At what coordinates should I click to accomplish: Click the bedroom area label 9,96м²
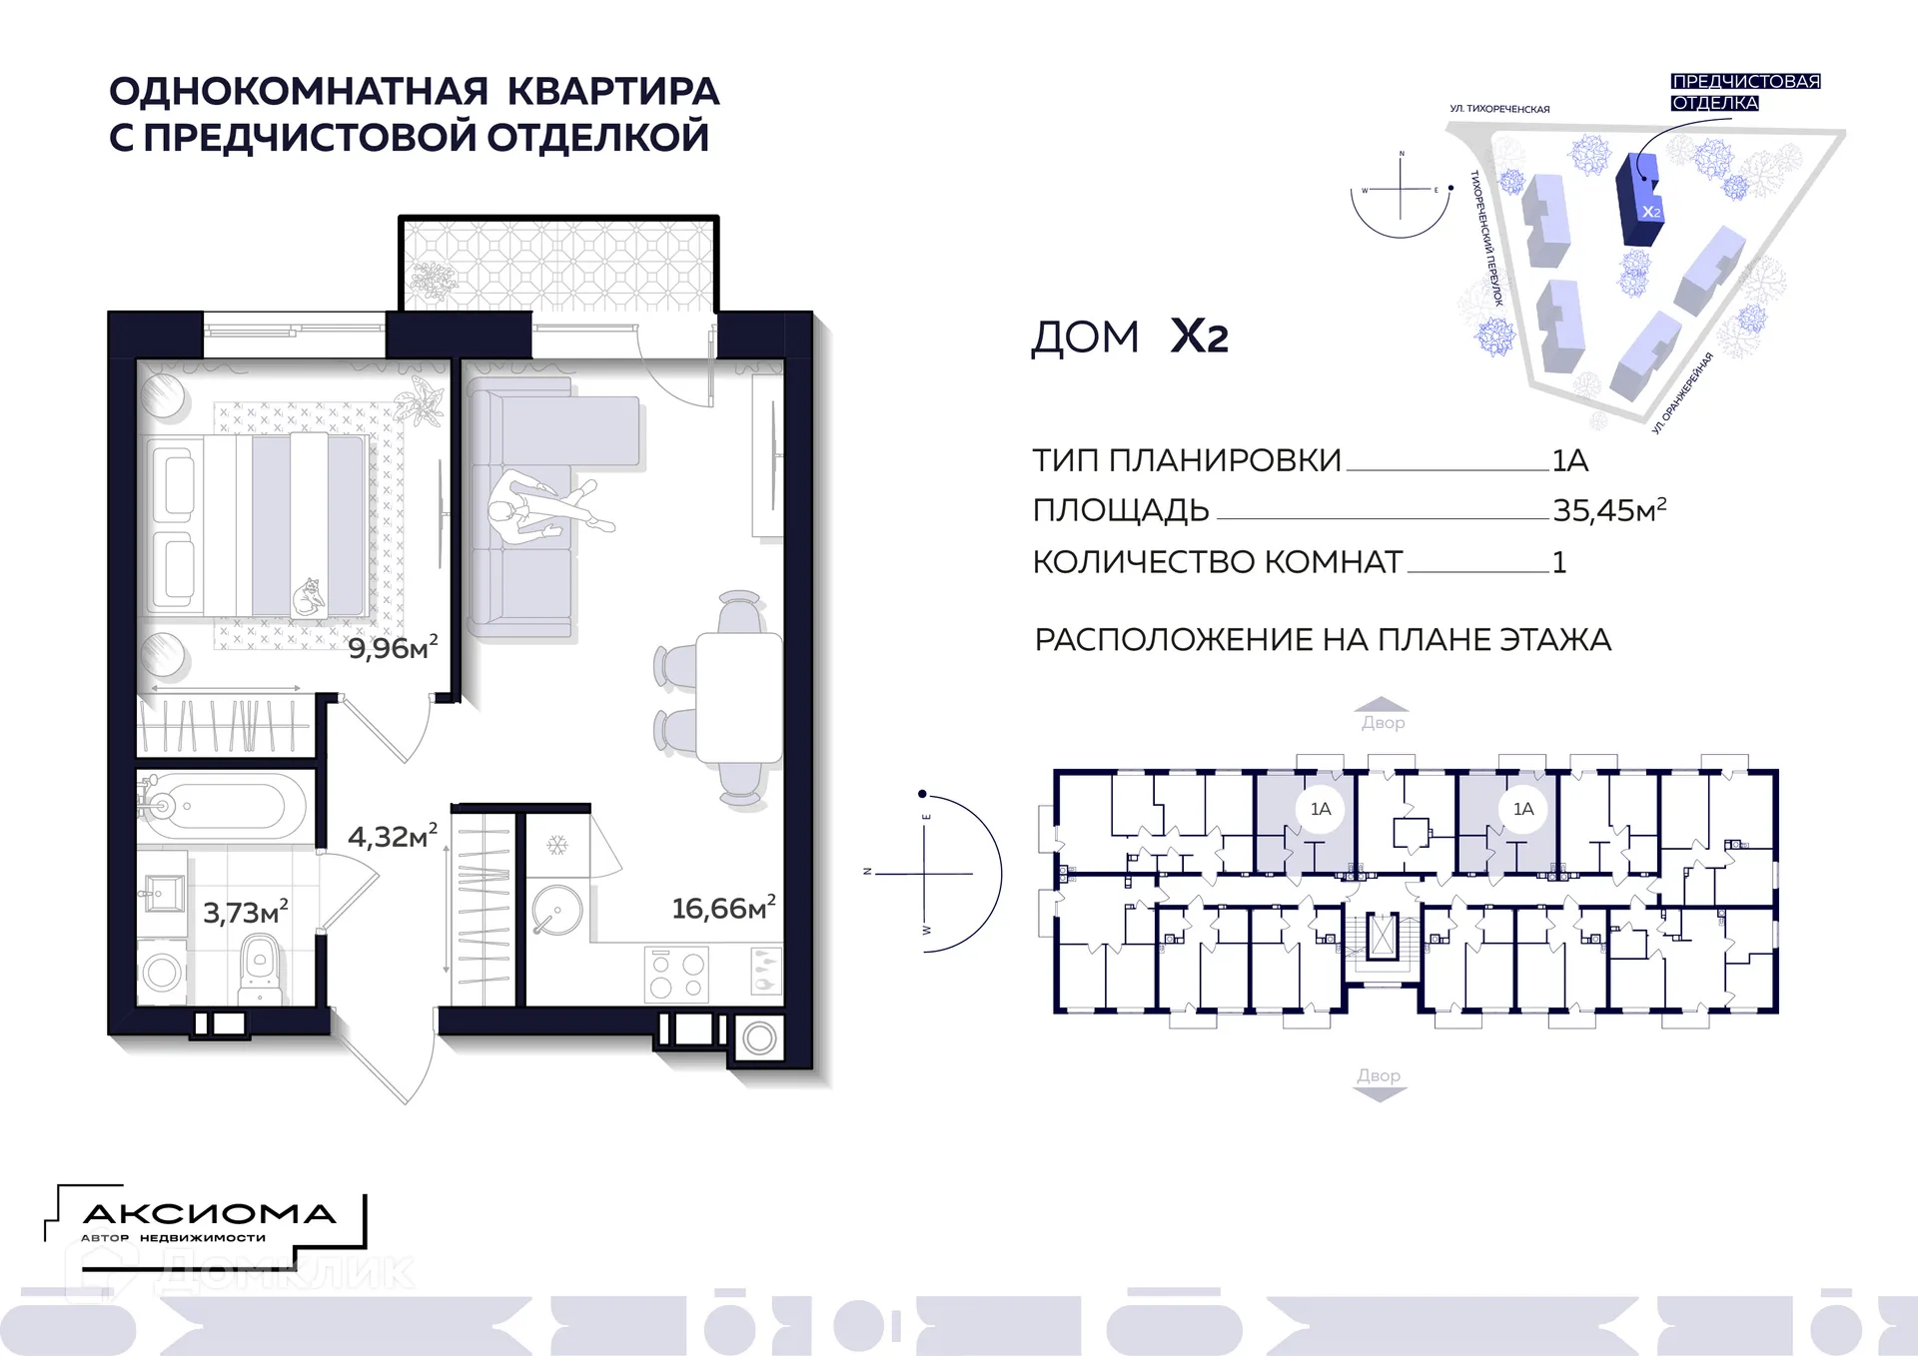point(392,648)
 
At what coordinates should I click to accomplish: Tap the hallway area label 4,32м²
point(392,836)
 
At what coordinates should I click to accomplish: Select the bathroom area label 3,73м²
point(245,912)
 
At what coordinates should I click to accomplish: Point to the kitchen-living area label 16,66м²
point(722,908)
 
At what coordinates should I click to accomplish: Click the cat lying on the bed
point(309,597)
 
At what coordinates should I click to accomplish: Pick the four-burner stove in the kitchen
point(677,975)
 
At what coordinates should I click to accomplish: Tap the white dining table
point(738,697)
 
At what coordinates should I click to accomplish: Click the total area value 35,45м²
point(1608,510)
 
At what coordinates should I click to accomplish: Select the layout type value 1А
point(1569,460)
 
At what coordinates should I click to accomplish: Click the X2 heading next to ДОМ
point(1199,337)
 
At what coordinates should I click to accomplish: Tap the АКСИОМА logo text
point(209,1213)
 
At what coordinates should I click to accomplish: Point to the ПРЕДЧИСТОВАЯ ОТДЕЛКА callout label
point(1744,92)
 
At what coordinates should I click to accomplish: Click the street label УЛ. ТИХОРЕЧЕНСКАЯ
point(1499,109)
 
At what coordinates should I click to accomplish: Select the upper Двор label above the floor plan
point(1383,722)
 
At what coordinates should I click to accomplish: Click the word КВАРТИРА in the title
point(613,91)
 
